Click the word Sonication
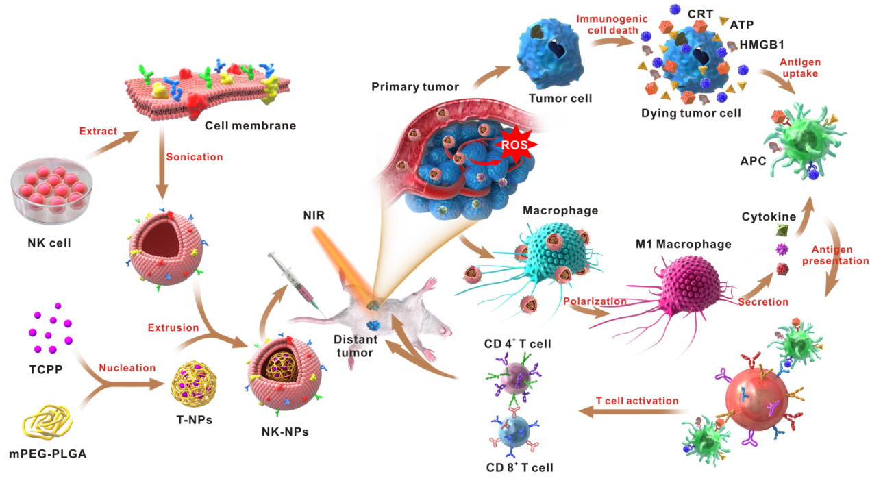pyautogui.click(x=195, y=157)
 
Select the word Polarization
pyautogui.click(x=595, y=301)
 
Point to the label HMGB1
pyautogui.click(x=759, y=46)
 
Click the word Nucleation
pyautogui.click(x=127, y=368)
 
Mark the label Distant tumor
pyautogui.click(x=354, y=346)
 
